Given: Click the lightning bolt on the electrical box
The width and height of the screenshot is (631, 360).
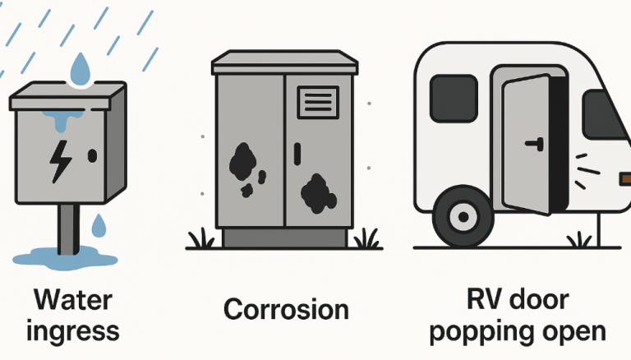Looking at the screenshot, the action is pyautogui.click(x=60, y=161).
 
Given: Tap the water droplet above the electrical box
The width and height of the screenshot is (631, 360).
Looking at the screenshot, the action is pyautogui.click(x=80, y=69).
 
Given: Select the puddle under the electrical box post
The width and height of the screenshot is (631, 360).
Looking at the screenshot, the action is pyautogui.click(x=65, y=258).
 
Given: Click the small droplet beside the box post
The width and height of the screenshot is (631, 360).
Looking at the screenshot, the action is pyautogui.click(x=99, y=225).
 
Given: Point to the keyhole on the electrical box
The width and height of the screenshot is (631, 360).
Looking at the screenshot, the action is pyautogui.click(x=92, y=156).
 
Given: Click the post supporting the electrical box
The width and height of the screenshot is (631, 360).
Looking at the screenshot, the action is pyautogui.click(x=67, y=228).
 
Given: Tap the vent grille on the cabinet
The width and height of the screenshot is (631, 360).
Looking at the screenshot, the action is pyautogui.click(x=318, y=102).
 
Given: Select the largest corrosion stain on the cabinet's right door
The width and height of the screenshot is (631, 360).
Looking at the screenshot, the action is pyautogui.click(x=318, y=193).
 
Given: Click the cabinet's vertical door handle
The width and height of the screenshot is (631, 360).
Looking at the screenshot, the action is pyautogui.click(x=297, y=154).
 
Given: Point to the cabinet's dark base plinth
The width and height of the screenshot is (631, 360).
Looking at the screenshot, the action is pyautogui.click(x=284, y=238).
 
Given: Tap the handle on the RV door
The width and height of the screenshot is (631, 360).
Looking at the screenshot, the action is pyautogui.click(x=535, y=144).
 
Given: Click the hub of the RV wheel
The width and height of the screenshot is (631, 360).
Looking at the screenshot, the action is pyautogui.click(x=463, y=217).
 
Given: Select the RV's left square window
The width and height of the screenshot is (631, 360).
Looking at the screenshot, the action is pyautogui.click(x=454, y=99).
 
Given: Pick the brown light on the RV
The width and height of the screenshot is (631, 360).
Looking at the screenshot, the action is pyautogui.click(x=625, y=178).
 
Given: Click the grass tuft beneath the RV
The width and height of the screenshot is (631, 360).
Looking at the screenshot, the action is pyautogui.click(x=579, y=240).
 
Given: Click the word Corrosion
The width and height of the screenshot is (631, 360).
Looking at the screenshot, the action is pyautogui.click(x=286, y=309).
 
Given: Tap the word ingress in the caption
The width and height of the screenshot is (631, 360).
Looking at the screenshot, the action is pyautogui.click(x=73, y=332).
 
